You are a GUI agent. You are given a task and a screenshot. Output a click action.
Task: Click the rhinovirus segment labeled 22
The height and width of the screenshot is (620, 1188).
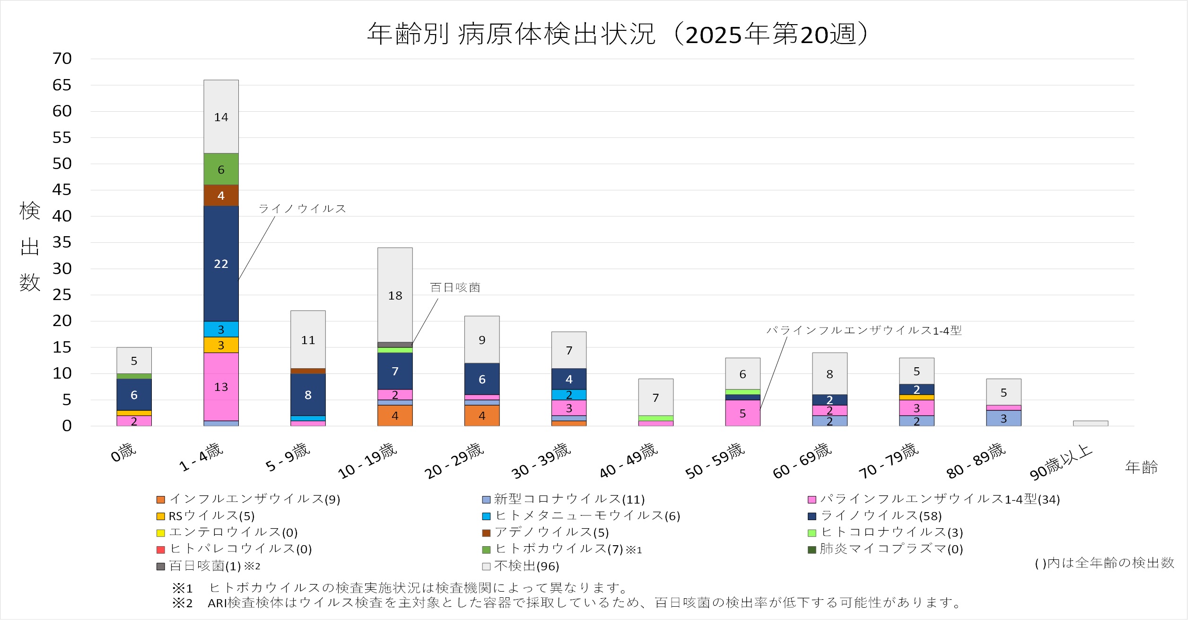pyautogui.click(x=221, y=264)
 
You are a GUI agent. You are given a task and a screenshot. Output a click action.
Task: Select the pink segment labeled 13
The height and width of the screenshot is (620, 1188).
pyautogui.click(x=221, y=387)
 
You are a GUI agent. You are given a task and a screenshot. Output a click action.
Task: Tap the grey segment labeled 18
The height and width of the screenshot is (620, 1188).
pyautogui.click(x=395, y=295)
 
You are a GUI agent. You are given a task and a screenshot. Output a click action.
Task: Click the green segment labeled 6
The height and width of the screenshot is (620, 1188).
pyautogui.click(x=221, y=169)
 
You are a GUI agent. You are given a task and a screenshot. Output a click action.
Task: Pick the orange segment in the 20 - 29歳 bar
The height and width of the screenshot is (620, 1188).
pyautogui.click(x=482, y=416)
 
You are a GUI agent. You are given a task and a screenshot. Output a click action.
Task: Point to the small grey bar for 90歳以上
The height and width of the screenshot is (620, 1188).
pyautogui.click(x=1090, y=424)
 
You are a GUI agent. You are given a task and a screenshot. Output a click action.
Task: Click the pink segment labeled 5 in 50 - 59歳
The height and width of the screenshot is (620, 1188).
pyautogui.click(x=742, y=413)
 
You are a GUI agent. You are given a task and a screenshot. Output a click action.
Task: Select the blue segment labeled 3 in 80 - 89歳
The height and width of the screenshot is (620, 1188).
pyautogui.click(x=1004, y=418)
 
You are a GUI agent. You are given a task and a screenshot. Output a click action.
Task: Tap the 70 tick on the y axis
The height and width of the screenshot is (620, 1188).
pyautogui.click(x=62, y=59)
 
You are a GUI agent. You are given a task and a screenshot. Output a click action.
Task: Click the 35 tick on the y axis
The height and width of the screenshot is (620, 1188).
pyautogui.click(x=62, y=242)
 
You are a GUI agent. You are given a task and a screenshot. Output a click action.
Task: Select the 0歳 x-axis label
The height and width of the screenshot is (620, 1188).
pyautogui.click(x=123, y=453)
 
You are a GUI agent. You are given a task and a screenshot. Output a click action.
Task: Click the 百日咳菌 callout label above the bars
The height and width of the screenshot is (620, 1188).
pyautogui.click(x=455, y=287)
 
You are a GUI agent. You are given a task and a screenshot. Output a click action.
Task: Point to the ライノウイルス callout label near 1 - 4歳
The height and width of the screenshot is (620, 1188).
pyautogui.click(x=302, y=209)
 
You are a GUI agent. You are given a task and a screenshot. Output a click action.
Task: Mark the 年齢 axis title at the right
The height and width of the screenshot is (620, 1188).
pyautogui.click(x=1141, y=468)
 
